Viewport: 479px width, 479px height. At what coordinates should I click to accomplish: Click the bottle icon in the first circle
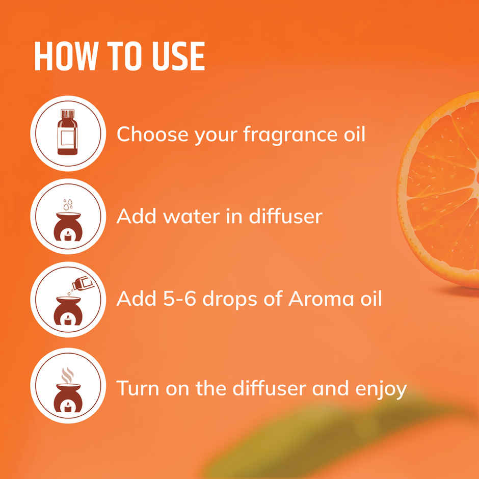point(68,132)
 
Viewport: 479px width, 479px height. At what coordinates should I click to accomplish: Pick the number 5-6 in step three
point(180,298)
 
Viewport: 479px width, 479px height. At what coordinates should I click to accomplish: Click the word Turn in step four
point(135,388)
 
